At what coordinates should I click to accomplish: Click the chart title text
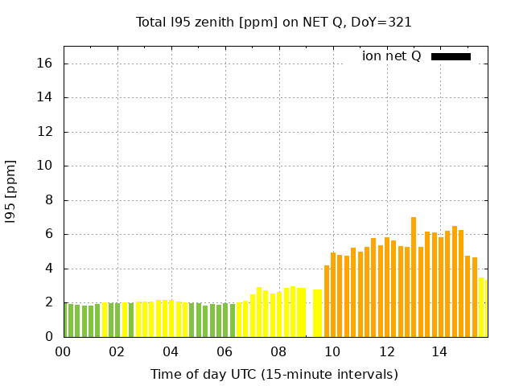(x=274, y=22)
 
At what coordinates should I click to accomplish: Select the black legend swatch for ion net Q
(x=451, y=56)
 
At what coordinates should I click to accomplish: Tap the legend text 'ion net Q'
(x=391, y=56)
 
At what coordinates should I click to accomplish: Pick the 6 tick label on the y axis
(x=49, y=235)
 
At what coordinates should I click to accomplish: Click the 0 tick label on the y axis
(x=49, y=337)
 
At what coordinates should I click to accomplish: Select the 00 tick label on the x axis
(x=64, y=351)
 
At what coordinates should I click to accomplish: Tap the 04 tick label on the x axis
(x=171, y=351)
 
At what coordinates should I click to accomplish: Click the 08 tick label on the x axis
(x=278, y=351)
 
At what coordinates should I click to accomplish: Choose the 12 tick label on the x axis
(x=387, y=351)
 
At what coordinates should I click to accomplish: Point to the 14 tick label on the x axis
(x=440, y=351)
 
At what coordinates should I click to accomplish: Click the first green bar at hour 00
(x=65, y=320)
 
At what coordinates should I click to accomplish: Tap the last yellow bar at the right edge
(x=482, y=307)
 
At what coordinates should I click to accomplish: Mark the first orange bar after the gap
(x=327, y=301)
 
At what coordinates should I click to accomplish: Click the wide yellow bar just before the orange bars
(x=317, y=313)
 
